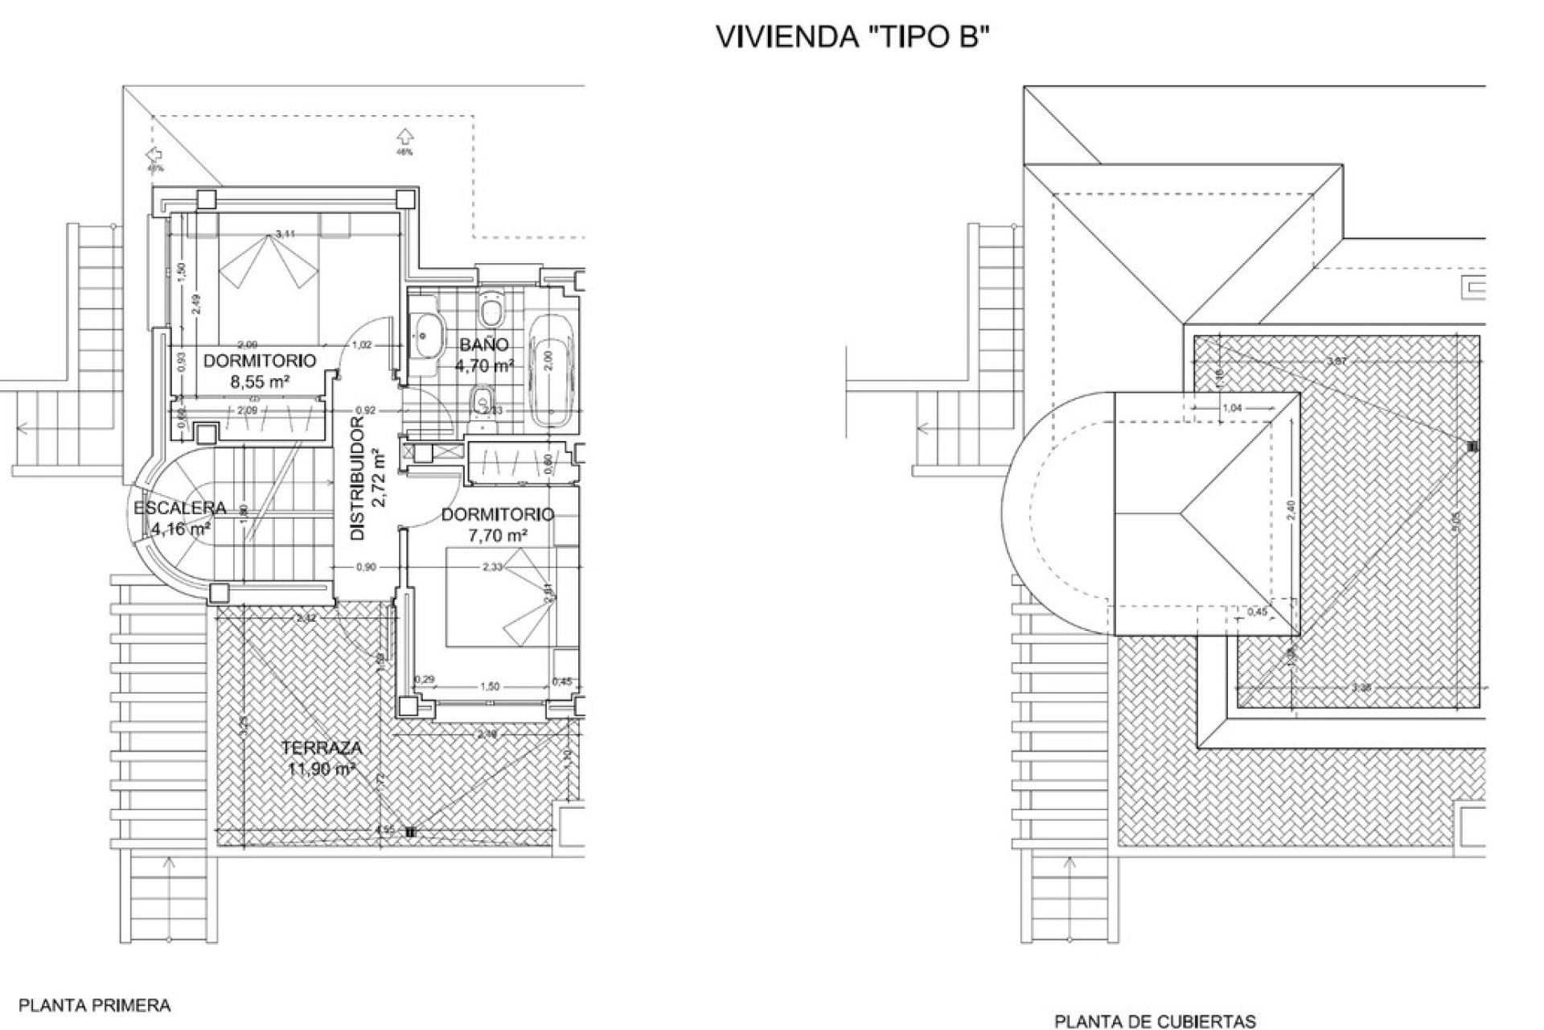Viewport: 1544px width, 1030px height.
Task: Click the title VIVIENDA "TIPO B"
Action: [x=850, y=38]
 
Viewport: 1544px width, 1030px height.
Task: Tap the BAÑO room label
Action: [x=484, y=345]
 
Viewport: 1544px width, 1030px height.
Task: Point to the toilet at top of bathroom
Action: [x=489, y=308]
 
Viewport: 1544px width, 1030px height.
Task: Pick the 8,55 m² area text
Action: [x=259, y=382]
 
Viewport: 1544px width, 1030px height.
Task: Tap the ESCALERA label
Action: [x=179, y=509]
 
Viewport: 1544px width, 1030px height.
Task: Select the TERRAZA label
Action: [x=322, y=748]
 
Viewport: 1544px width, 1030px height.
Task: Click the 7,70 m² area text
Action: [x=498, y=534]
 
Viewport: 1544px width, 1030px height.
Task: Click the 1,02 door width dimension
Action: [x=363, y=345]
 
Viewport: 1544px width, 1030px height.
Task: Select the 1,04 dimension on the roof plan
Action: [x=1231, y=409]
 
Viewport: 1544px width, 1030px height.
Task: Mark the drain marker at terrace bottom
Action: [x=410, y=833]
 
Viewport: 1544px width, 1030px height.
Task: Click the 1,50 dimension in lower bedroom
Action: [x=489, y=686]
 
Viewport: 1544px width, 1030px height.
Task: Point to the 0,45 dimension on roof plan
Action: [x=1256, y=612]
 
